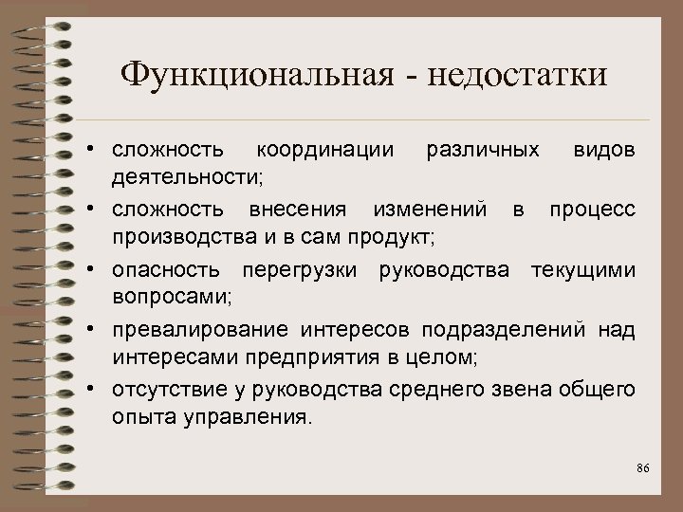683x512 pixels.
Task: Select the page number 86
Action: pyautogui.click(x=642, y=470)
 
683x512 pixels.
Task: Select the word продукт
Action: pyautogui.click(x=400, y=236)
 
